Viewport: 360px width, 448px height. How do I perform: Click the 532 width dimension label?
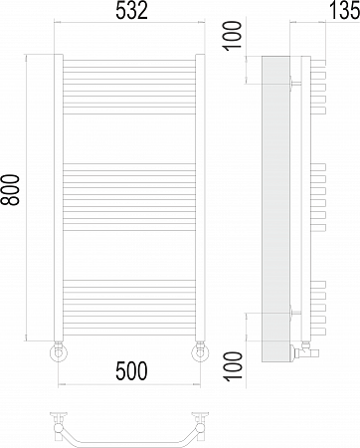coord(131,11)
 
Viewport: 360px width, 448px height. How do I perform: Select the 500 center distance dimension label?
coord(131,370)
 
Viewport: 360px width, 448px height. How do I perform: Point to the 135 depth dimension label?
coord(345,10)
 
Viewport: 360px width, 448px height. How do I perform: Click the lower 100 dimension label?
coord(234,366)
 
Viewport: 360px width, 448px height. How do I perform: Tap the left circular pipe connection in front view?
coord(59,352)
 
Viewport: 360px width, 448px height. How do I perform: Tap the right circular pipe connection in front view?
coord(200,352)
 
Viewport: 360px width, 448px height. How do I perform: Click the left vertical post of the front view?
coord(59,197)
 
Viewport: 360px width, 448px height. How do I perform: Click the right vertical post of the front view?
coord(200,197)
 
